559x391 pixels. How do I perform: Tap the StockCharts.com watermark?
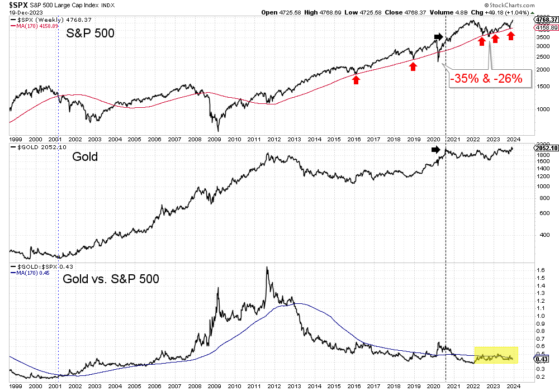click(530, 5)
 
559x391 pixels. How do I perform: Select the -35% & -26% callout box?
click(486, 79)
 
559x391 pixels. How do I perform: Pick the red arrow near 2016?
click(356, 80)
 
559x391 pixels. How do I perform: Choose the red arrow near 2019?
click(413, 66)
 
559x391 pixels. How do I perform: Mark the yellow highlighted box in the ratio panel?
click(496, 356)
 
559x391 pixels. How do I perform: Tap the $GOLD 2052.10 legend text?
click(35, 146)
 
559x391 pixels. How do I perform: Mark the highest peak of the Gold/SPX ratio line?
click(267, 267)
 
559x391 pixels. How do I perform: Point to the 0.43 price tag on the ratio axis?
click(539, 359)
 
